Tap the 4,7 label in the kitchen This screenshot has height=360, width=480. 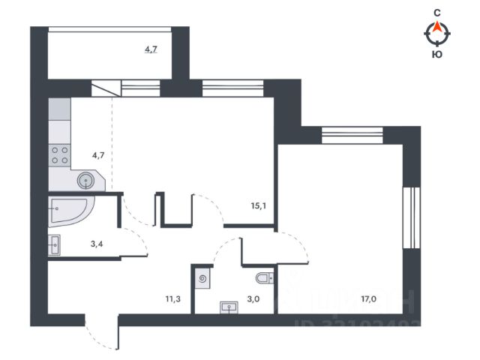point(98,157)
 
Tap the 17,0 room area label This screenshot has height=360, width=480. point(368,298)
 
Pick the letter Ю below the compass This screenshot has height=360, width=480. point(436,53)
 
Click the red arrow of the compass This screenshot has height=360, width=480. point(436,28)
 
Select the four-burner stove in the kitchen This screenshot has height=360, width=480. point(59,156)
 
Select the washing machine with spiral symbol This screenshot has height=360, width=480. point(204,279)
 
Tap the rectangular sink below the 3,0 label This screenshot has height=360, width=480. point(229,306)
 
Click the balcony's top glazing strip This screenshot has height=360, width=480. point(111,28)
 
